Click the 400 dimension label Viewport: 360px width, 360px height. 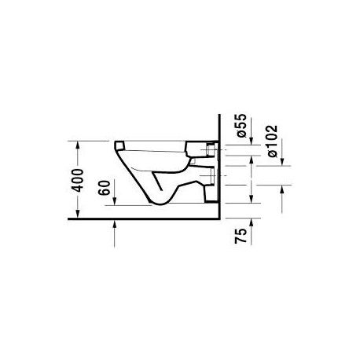(78, 180)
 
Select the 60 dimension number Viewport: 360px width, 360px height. (105, 188)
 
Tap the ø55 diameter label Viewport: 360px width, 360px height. (241, 126)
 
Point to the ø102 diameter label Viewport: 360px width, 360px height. (272, 141)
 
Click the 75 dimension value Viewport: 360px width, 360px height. (241, 236)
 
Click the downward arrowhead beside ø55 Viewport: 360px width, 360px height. (252, 141)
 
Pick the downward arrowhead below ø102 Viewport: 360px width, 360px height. (282, 163)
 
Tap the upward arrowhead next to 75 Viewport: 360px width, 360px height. (252, 222)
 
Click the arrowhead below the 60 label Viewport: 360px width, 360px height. (115, 202)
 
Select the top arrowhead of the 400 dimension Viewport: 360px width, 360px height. (78, 145)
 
